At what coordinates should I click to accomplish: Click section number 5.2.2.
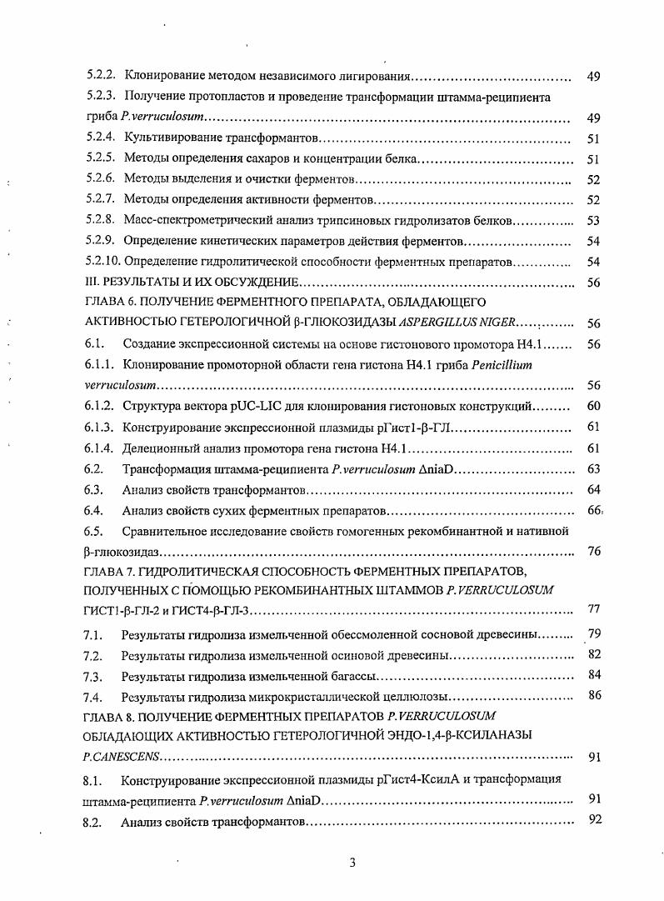[x=101, y=77]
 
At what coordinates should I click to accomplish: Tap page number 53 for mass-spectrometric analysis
[x=593, y=221]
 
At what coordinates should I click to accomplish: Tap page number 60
[x=593, y=406]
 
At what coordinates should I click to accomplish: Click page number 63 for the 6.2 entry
[x=593, y=468]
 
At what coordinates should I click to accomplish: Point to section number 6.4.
[x=93, y=509]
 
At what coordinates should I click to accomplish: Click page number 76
[x=593, y=551]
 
